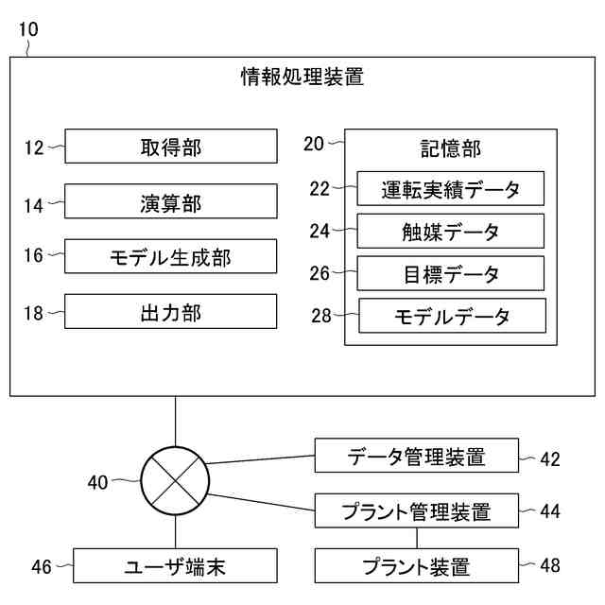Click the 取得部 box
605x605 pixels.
pos(170,147)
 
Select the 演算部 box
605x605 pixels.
pos(170,201)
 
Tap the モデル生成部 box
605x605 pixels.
pos(170,256)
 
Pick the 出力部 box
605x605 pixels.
pos(170,312)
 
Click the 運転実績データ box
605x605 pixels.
pos(450,189)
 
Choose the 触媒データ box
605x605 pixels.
pos(450,232)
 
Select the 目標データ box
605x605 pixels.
pos(450,274)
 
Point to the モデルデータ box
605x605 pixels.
pos(452,316)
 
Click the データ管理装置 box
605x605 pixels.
pos(416,457)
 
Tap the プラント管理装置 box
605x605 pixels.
pos(416,511)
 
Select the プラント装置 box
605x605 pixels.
pos(416,566)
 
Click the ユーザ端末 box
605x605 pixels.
pos(175,566)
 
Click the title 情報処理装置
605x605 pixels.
pos(302,78)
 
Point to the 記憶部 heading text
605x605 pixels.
pos(450,148)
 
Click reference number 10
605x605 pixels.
pos(28,29)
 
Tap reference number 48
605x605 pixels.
pos(550,566)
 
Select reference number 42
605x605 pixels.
pos(550,459)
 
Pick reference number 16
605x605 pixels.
pos(34,255)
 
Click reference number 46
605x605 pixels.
pos(42,567)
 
